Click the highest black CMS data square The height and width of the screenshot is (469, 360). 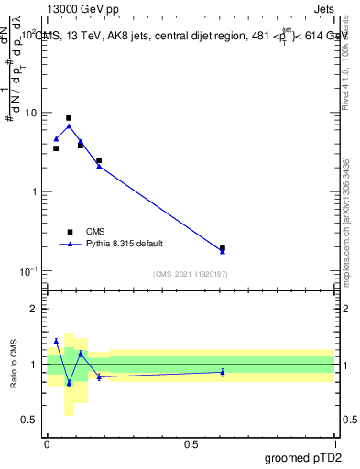tap(69, 118)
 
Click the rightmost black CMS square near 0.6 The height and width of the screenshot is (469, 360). tap(223, 248)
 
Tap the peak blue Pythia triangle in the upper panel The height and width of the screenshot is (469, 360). tap(69, 125)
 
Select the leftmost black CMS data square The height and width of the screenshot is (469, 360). tap(56, 148)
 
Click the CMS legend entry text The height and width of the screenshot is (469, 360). tap(95, 232)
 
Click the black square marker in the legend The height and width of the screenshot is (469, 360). tap(69, 232)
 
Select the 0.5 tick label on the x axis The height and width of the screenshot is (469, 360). tap(191, 443)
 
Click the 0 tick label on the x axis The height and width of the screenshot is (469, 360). tap(47, 443)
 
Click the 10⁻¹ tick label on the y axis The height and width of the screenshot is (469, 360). tap(30, 270)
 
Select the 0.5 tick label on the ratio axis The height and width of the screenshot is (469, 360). tap(32, 420)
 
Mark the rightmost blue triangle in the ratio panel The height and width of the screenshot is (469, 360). tap(223, 372)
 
